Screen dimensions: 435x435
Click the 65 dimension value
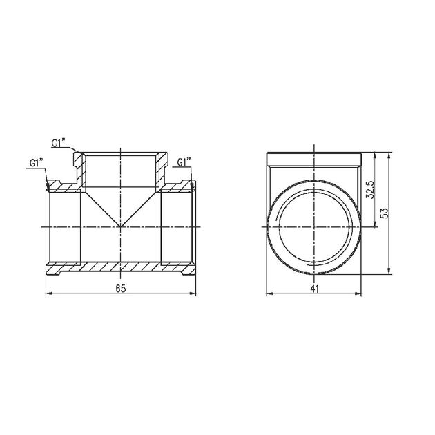click(x=121, y=289)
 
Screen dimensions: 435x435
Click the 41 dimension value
click(x=314, y=289)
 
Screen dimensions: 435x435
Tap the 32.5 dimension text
click(x=370, y=190)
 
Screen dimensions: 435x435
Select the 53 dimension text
click(x=385, y=213)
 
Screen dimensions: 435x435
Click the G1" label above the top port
click(x=58, y=143)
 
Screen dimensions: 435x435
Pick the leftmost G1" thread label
click(x=37, y=163)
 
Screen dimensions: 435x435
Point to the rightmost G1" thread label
click(x=184, y=162)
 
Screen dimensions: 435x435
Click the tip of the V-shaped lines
click(x=120, y=226)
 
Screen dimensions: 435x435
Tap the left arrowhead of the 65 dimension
click(x=48, y=293)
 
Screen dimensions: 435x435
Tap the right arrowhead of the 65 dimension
click(x=193, y=293)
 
